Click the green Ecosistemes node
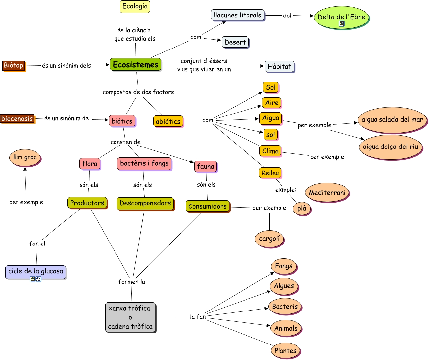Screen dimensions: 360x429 coord(136,64)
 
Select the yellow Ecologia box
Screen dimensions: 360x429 coord(135,6)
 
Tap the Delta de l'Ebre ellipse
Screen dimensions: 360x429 coord(341,17)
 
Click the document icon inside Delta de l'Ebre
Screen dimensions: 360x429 coord(342,24)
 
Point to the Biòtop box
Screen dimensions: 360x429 coord(14,65)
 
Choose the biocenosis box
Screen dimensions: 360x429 coord(17,118)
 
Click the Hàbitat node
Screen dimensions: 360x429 coord(279,66)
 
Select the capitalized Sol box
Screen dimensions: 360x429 coord(271,87)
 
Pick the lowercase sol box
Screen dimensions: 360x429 coord(271,134)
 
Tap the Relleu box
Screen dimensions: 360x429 coord(270,173)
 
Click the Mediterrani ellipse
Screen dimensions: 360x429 coord(327,192)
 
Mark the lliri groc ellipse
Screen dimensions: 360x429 coord(25,157)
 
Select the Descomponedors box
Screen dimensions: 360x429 coord(145,203)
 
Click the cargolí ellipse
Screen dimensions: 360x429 coord(269,239)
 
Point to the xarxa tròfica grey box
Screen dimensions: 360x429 coord(130,317)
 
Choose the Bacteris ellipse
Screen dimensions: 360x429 coord(284,307)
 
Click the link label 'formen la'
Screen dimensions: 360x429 coord(132,282)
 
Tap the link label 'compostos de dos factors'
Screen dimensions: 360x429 coord(138,92)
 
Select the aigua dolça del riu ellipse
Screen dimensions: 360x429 coord(390,147)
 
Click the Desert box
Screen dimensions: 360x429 coord(235,42)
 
